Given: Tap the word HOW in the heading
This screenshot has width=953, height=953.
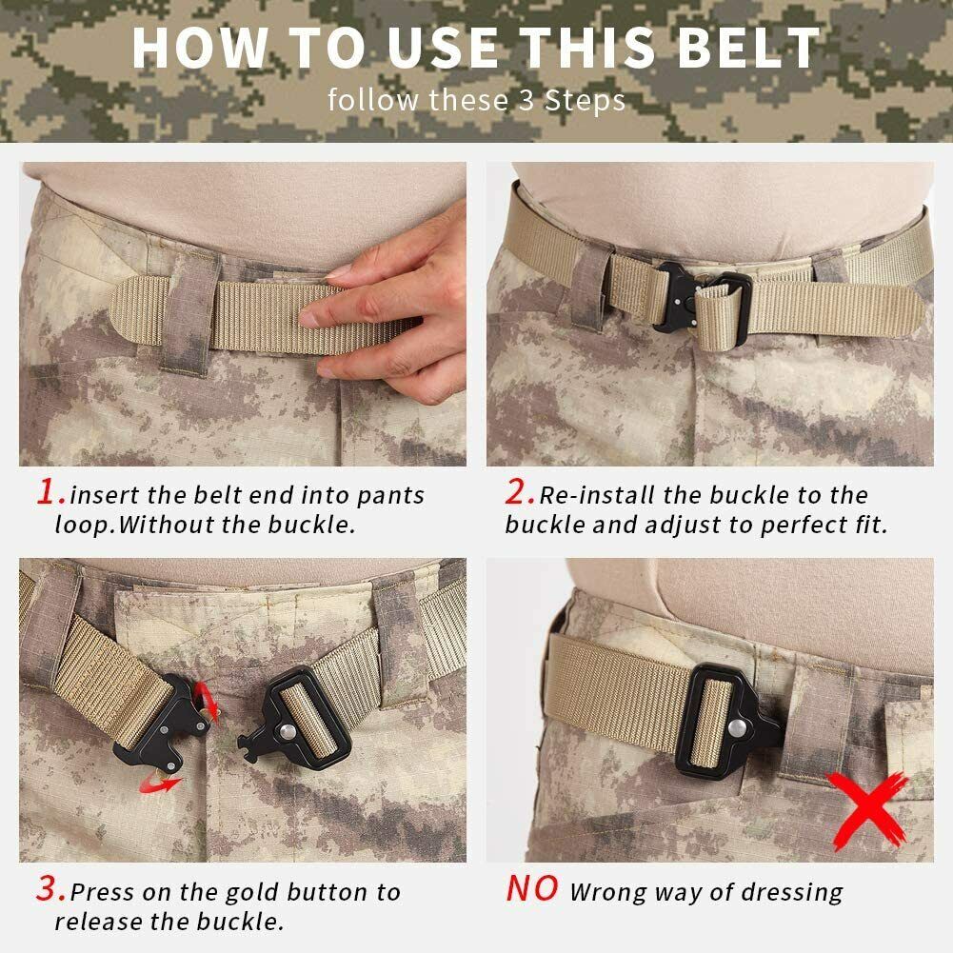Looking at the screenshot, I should (190, 48).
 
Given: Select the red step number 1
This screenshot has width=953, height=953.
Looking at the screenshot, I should (50, 492).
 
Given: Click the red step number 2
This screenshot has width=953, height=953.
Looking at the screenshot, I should (519, 492).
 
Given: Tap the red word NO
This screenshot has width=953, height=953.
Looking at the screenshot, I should (531, 889).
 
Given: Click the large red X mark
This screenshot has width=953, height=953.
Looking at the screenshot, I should (866, 807).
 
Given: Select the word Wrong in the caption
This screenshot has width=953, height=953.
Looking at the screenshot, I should (610, 893).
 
